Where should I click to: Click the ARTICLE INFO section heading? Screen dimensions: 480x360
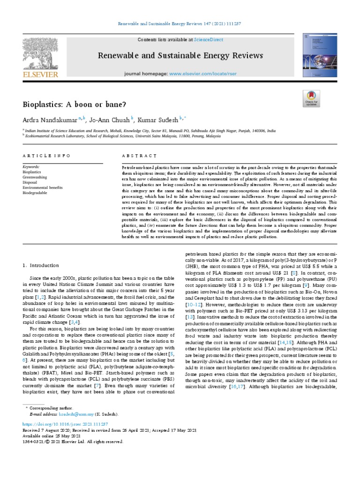coord(46,156)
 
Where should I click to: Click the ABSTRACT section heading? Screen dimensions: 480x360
coord(139,156)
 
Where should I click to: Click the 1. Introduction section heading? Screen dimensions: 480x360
coord(41,265)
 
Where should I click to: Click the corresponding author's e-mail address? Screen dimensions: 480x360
coord(75,414)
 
